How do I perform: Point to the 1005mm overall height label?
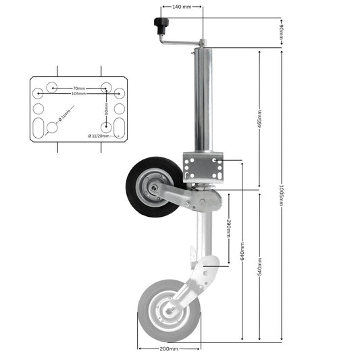280,195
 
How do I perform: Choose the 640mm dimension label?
241,252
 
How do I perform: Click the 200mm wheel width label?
169,349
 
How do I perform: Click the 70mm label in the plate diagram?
78,88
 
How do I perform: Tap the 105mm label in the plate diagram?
78,94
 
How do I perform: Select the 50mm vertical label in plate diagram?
106,108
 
